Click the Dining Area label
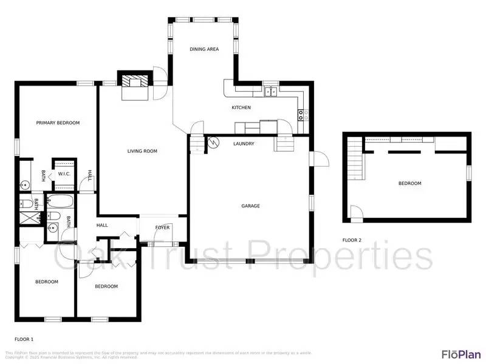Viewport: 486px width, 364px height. pos(204,49)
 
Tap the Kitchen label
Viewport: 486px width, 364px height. pos(241,108)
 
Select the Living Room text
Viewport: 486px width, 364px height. pos(142,151)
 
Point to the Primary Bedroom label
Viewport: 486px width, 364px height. pos(58,123)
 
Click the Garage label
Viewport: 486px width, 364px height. pos(250,206)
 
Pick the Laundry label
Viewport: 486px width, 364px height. pos(244,144)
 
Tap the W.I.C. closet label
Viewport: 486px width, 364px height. pos(64,174)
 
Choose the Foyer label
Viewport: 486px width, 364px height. pos(162,227)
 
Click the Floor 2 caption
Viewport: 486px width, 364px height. pos(352,240)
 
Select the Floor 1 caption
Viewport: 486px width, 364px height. pos(24,339)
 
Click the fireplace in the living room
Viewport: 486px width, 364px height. pos(134,82)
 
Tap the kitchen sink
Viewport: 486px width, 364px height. pos(270,92)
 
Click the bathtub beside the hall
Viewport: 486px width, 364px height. pos(60,201)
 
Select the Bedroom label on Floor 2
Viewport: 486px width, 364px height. pos(409,183)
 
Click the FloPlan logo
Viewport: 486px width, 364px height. pos(460,354)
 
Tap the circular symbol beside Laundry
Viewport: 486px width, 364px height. pos(213,143)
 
